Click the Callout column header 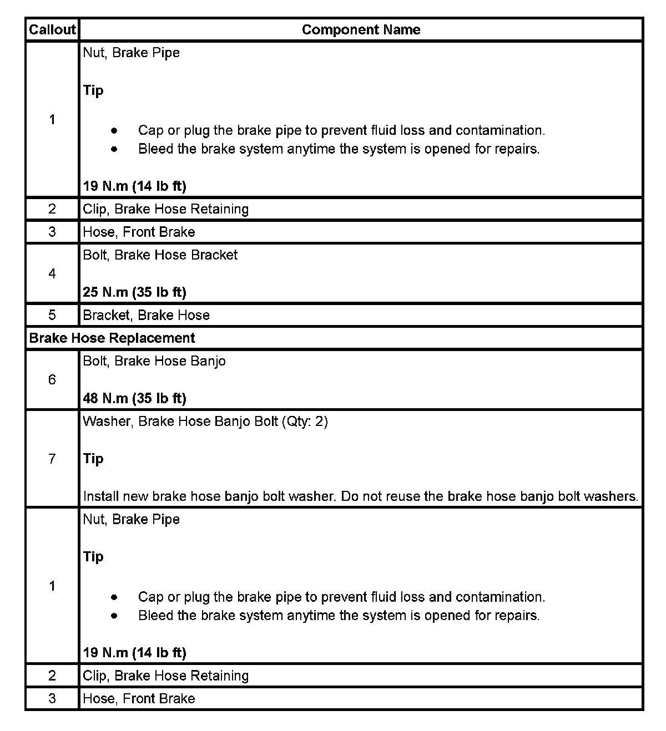click(52, 29)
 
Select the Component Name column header click(361, 29)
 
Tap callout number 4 click(52, 273)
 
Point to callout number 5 click(52, 315)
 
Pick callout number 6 click(52, 379)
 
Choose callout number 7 click(52, 459)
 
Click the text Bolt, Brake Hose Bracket click(160, 255)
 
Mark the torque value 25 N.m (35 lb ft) click(134, 292)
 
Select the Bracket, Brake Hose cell click(146, 315)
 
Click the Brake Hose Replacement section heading click(112, 338)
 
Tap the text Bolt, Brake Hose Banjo click(154, 361)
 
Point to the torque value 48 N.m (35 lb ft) click(134, 398)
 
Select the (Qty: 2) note click(305, 422)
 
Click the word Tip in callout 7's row click(93, 459)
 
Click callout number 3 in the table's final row click(52, 698)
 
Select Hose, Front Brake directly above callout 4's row click(139, 232)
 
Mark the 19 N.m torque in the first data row click(134, 186)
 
